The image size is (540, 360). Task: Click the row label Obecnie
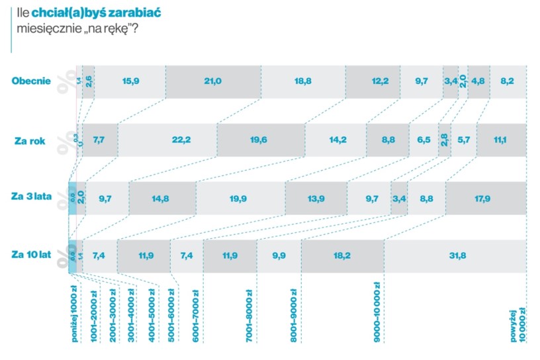(x=31, y=81)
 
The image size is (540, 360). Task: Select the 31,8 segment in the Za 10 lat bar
(x=456, y=255)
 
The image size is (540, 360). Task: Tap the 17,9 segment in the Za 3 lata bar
(x=486, y=198)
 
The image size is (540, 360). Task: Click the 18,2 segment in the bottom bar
(x=342, y=255)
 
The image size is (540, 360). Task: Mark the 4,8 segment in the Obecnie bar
(x=479, y=81)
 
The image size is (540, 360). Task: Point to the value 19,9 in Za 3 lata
(x=240, y=198)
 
